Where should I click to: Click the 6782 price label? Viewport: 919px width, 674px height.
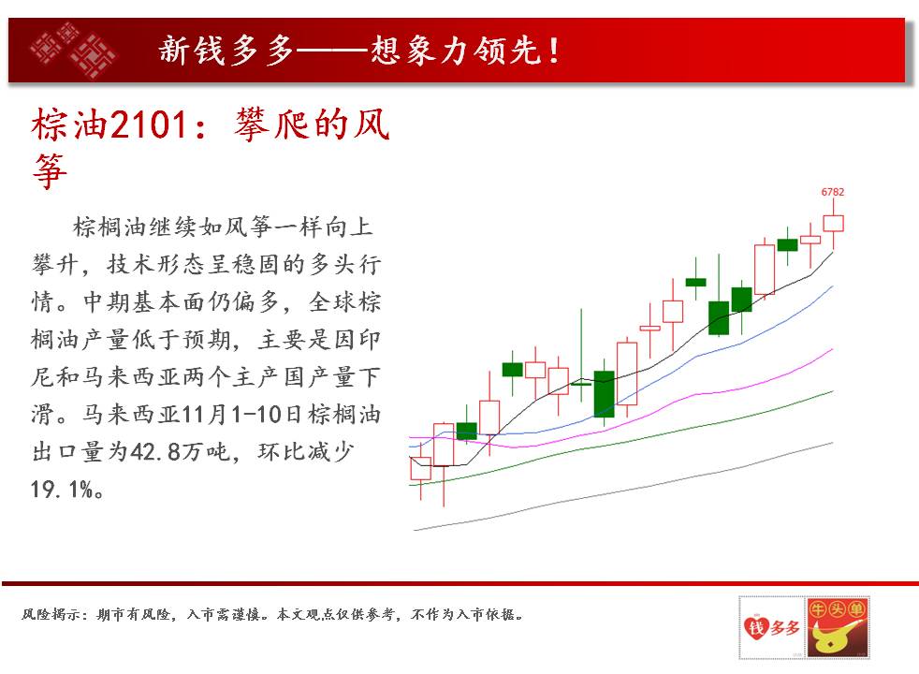click(x=832, y=192)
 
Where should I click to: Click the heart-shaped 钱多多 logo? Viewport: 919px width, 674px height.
click(x=772, y=627)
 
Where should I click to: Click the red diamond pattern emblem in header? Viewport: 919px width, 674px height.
click(x=73, y=50)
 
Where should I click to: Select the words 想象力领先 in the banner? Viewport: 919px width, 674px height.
click(x=456, y=50)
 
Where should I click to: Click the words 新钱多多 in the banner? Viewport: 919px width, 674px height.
click(x=226, y=50)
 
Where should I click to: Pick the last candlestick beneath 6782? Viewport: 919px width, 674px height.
click(x=833, y=224)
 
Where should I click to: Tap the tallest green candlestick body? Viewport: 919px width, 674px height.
click(x=605, y=394)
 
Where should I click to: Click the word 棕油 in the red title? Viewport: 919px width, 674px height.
click(x=70, y=125)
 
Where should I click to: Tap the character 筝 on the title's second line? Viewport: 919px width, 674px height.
click(x=50, y=171)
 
